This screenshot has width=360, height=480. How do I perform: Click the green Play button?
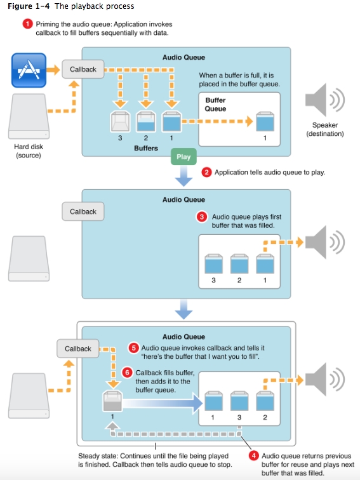(183, 157)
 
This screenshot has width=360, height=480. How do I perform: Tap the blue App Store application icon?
(29, 70)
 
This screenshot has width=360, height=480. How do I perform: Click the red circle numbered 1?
(27, 24)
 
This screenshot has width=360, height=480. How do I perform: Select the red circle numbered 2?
(206, 172)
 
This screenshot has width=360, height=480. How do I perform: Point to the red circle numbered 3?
(202, 217)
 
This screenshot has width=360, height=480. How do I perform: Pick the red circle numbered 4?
(253, 455)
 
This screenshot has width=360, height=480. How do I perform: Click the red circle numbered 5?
(133, 348)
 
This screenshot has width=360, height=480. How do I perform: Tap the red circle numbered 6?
(127, 373)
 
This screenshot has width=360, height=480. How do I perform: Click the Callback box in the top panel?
(83, 69)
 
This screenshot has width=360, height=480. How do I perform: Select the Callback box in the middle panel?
(83, 211)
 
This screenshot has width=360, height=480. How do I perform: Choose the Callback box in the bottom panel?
(77, 349)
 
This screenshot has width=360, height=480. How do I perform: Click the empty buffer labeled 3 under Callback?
(120, 121)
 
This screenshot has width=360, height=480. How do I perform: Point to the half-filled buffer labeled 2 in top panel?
(146, 121)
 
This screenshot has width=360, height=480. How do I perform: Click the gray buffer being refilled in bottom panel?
(112, 401)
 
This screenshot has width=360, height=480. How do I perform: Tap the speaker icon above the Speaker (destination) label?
(324, 100)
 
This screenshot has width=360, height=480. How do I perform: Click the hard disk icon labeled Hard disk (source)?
(29, 116)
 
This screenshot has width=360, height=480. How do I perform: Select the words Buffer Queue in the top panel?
(215, 104)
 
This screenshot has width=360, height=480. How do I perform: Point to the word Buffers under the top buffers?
(146, 148)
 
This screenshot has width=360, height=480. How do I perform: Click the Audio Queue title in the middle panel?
(183, 199)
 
